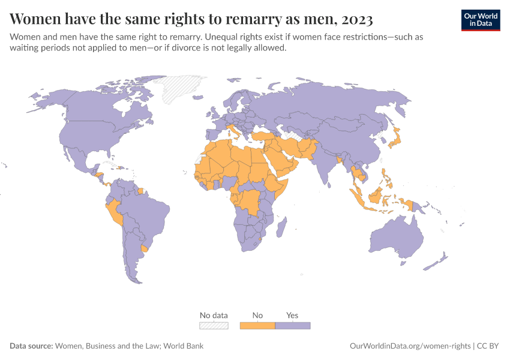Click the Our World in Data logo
480,20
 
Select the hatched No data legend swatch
214,325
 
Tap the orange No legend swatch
257,325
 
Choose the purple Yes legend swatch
293,325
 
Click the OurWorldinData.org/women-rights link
410,346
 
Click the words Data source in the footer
31,346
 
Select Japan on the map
395,142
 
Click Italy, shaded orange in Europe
232,131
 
